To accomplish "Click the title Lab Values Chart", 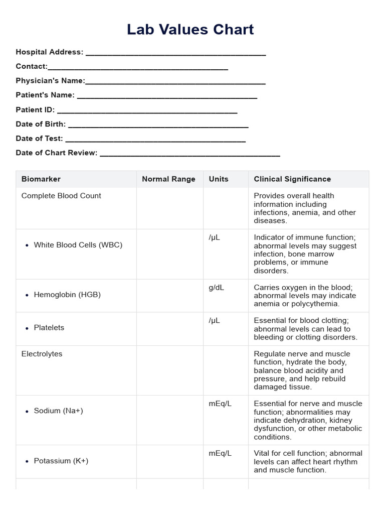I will click(190, 30).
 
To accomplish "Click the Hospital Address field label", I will click(50, 52).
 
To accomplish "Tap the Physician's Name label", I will click(50, 81).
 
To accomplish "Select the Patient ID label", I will click(35, 110).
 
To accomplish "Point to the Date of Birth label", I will click(41, 124).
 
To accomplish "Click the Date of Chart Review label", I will click(56, 153).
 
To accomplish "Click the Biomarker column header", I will click(41, 179).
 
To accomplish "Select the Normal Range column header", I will click(168, 179).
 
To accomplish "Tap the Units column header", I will click(219, 179).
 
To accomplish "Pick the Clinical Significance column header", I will click(292, 179).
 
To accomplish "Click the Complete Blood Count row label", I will click(61, 196).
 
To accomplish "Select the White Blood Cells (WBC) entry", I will click(78, 245).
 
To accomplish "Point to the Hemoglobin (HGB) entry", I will click(67, 295).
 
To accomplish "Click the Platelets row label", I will click(49, 328).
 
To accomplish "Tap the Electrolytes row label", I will click(42, 354).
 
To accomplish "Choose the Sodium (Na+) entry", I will click(58, 411).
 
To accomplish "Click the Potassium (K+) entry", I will click(61, 461).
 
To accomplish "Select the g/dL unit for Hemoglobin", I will click(218, 288).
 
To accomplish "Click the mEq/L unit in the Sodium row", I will click(220, 404).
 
